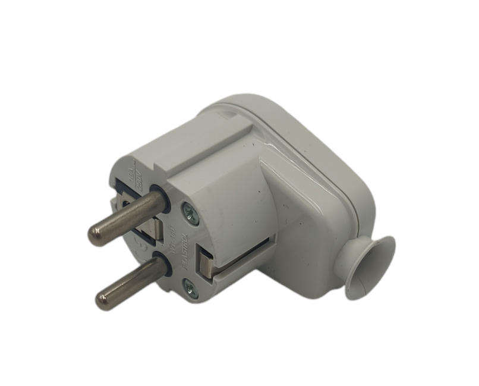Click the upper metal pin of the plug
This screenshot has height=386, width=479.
pos(128,215)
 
